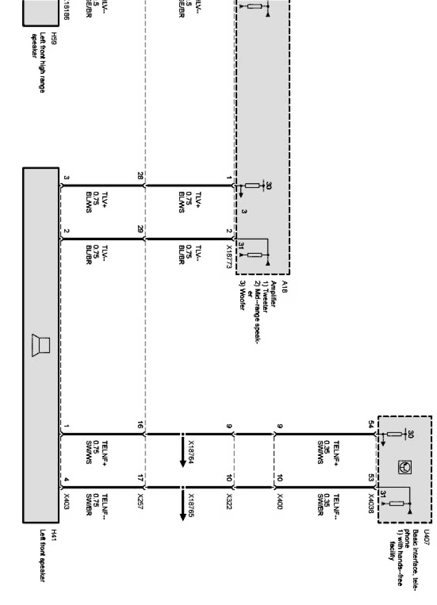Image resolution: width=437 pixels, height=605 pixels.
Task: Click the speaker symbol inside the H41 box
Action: (x=41, y=346)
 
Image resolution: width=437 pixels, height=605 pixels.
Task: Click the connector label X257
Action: (x=140, y=502)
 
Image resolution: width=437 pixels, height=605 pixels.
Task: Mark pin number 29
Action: (x=140, y=230)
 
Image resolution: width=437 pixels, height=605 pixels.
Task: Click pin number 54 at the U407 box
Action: (x=371, y=425)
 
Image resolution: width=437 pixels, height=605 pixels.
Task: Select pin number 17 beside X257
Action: (x=140, y=477)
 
